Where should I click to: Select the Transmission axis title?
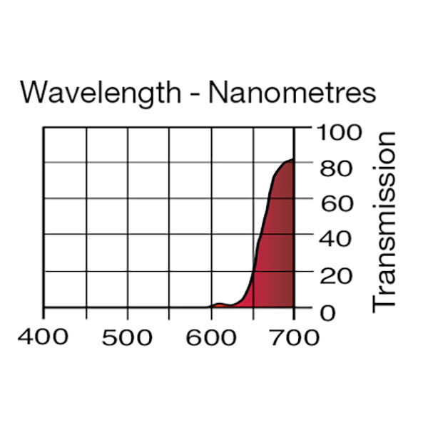click(x=384, y=220)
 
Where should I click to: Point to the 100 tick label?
click(x=340, y=132)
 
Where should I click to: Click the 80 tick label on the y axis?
click(x=335, y=168)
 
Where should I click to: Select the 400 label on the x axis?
click(x=44, y=337)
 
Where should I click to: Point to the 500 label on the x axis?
click(x=127, y=337)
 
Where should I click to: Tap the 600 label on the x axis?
click(x=210, y=337)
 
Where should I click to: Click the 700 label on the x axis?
click(x=294, y=337)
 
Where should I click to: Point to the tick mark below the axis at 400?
click(x=44, y=312)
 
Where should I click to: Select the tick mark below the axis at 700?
click(x=294, y=312)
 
